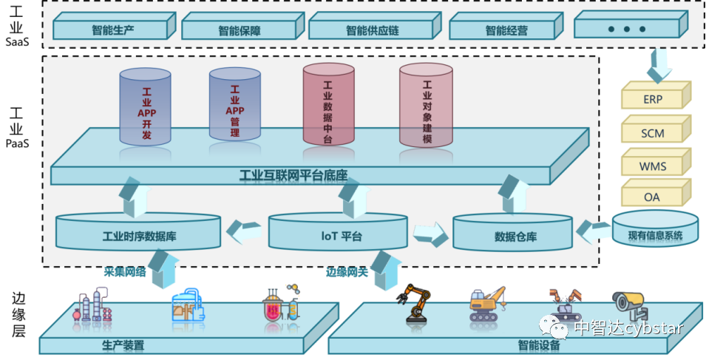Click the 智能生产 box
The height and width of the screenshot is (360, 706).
[112, 30]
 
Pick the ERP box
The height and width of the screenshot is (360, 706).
[654, 99]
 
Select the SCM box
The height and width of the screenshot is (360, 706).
[654, 133]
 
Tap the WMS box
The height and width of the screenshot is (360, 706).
[654, 166]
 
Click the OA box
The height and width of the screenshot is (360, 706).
[652, 197]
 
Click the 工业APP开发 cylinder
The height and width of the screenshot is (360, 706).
[146, 107]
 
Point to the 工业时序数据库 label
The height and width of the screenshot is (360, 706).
[139, 237]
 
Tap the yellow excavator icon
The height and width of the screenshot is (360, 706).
[487, 303]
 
